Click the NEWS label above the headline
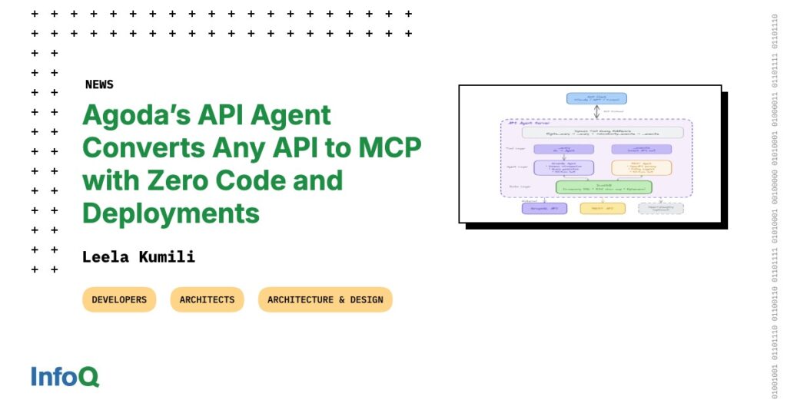pyautogui.click(x=99, y=84)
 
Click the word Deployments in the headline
pyautogui.click(x=171, y=213)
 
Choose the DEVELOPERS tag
pyautogui.click(x=119, y=299)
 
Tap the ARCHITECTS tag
pyautogui.click(x=207, y=299)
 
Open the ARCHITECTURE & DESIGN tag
pyautogui.click(x=325, y=299)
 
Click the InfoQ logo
pyautogui.click(x=65, y=377)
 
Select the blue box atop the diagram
pyautogui.click(x=596, y=98)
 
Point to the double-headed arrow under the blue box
pyautogui.click(x=596, y=112)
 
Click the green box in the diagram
pyautogui.click(x=603, y=187)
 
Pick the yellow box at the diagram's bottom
pyautogui.click(x=603, y=208)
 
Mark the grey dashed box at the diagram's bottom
pyautogui.click(x=660, y=208)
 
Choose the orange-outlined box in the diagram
pyautogui.click(x=641, y=167)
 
